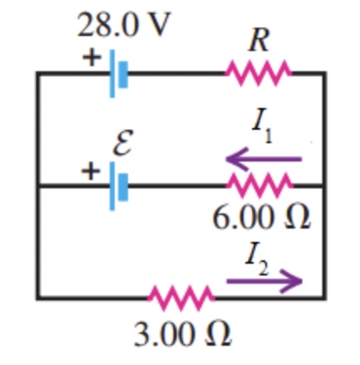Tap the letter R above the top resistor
[260, 40]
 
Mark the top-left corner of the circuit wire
[38, 74]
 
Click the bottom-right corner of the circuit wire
[323, 296]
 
